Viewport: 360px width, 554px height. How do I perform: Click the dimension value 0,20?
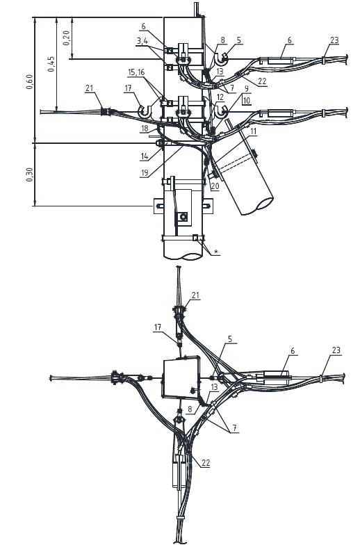pos(67,38)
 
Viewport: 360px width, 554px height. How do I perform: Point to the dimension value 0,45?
pos(51,64)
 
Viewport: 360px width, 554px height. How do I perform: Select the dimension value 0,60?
pos(29,81)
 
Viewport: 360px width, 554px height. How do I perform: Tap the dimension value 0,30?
pos(29,174)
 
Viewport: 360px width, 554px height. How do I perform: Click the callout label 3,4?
pos(142,41)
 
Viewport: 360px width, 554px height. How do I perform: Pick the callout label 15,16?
pos(136,72)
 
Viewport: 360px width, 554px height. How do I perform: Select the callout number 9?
pos(246,88)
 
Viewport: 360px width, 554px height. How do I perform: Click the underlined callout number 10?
pos(246,100)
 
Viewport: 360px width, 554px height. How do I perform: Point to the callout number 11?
pos(253,131)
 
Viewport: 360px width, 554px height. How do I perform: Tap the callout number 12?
pos(220,97)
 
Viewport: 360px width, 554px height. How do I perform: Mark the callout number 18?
pos(144,129)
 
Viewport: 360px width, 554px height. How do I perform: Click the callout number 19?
pos(144,173)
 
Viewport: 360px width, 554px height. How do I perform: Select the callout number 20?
pos(215,186)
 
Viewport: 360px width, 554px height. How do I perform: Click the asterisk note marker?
pos(217,252)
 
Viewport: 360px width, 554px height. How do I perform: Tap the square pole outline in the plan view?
pos(181,376)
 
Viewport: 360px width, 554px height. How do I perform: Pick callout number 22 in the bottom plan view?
pos(205,463)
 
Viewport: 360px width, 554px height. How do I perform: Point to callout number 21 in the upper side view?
pos(90,88)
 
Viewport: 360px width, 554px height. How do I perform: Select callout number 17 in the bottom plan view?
pos(158,327)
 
